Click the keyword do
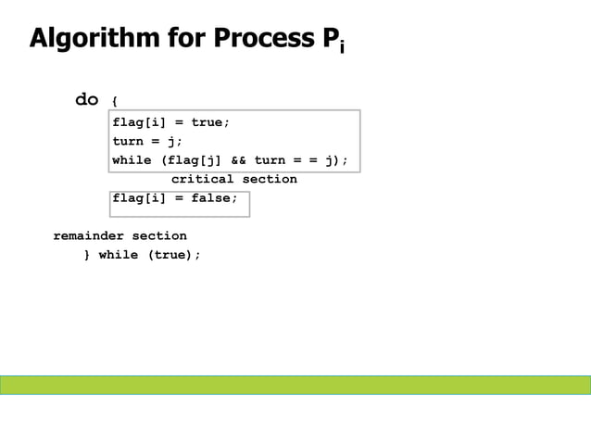click(x=87, y=100)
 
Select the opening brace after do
click(x=114, y=101)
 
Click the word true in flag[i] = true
click(x=208, y=122)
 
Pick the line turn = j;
click(x=147, y=141)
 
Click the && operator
click(x=239, y=160)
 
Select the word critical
click(x=202, y=179)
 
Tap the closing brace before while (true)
click(x=86, y=255)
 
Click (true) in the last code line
click(x=173, y=255)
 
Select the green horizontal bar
click(x=295, y=385)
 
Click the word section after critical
click(x=270, y=179)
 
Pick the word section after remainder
click(x=159, y=235)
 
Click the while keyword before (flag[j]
click(x=132, y=160)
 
